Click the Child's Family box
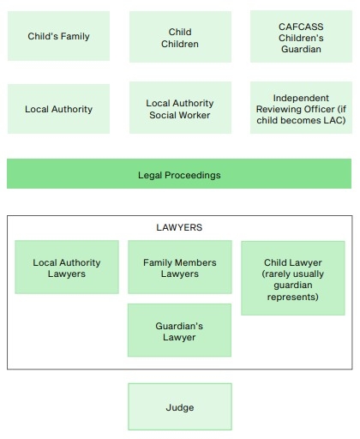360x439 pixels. pos(58,36)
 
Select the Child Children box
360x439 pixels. pos(180,37)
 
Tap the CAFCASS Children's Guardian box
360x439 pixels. pos(301,37)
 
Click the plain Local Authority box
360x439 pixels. pos(58,109)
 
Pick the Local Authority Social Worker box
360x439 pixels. pos(180,108)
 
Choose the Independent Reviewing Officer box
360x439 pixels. pos(301,108)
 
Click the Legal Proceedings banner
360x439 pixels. pos(179,174)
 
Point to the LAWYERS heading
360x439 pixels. pos(179,227)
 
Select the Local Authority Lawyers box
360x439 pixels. pos(67,267)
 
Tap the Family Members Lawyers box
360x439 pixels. pos(180,267)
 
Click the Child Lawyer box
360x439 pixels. pos(293,278)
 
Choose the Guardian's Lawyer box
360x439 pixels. pos(179,330)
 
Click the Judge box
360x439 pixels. pos(180,406)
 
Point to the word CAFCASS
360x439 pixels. pos(301,27)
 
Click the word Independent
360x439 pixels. pos(301,98)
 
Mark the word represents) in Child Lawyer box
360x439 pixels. pos(293,297)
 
